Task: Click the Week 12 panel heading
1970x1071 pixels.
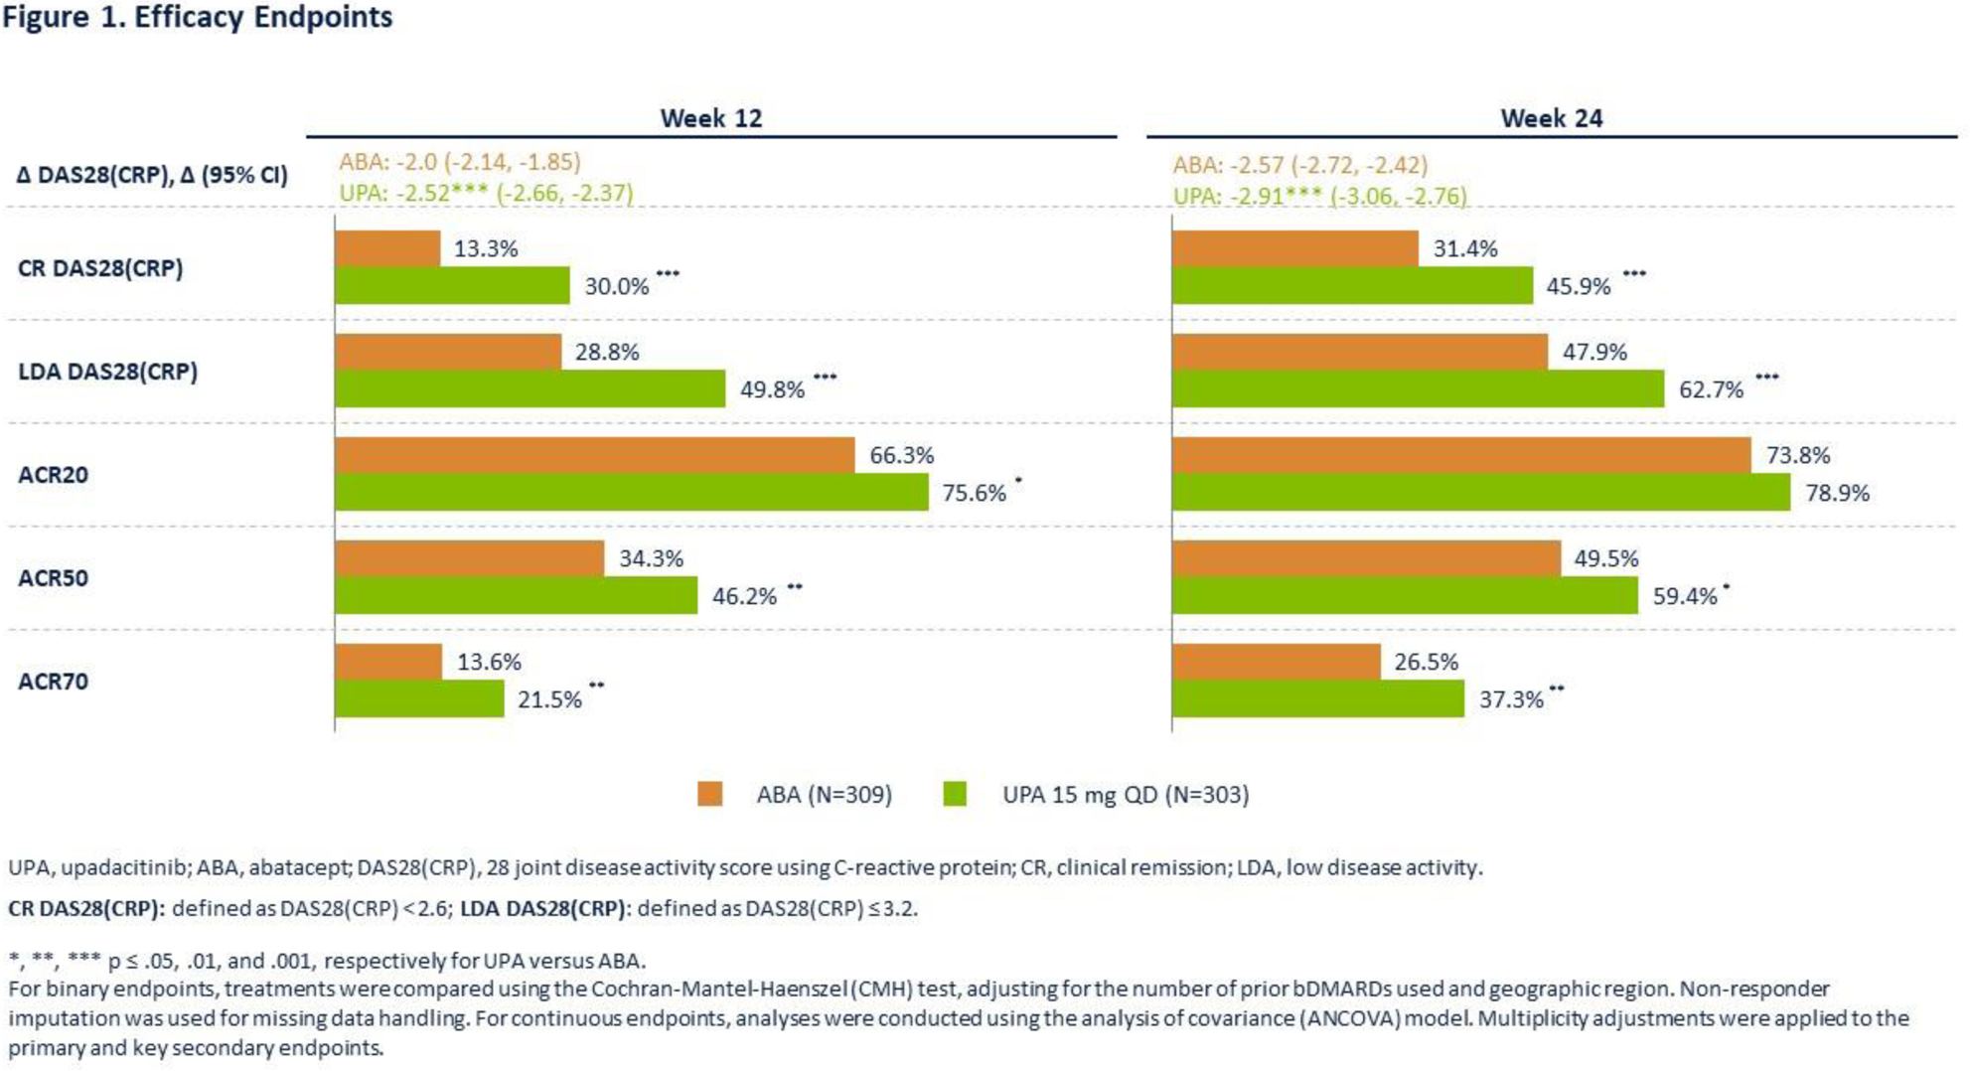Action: pos(711,118)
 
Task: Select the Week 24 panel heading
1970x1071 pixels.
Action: pos(1551,118)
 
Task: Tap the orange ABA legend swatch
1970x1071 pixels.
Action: pos(709,794)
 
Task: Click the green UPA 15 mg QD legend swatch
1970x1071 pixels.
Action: pos(955,794)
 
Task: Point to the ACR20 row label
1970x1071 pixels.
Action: pos(54,475)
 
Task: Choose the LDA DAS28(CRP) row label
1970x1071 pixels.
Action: pos(107,372)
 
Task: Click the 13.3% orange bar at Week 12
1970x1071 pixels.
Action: pos(387,248)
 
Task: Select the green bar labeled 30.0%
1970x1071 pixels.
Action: pos(452,286)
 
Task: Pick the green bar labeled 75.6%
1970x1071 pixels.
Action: pos(631,493)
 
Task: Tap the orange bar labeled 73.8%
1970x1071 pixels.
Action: pos(1460,455)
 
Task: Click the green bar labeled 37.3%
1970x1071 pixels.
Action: pos(1317,699)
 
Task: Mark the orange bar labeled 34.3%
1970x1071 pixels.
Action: pos(469,558)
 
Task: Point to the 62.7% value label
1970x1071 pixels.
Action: pos(1711,389)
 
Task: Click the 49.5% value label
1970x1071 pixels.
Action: pos(1605,558)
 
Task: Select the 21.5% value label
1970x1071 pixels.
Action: pos(549,699)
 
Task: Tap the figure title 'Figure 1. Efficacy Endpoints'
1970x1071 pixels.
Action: pos(198,17)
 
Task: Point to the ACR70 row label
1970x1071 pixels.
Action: pos(54,682)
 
